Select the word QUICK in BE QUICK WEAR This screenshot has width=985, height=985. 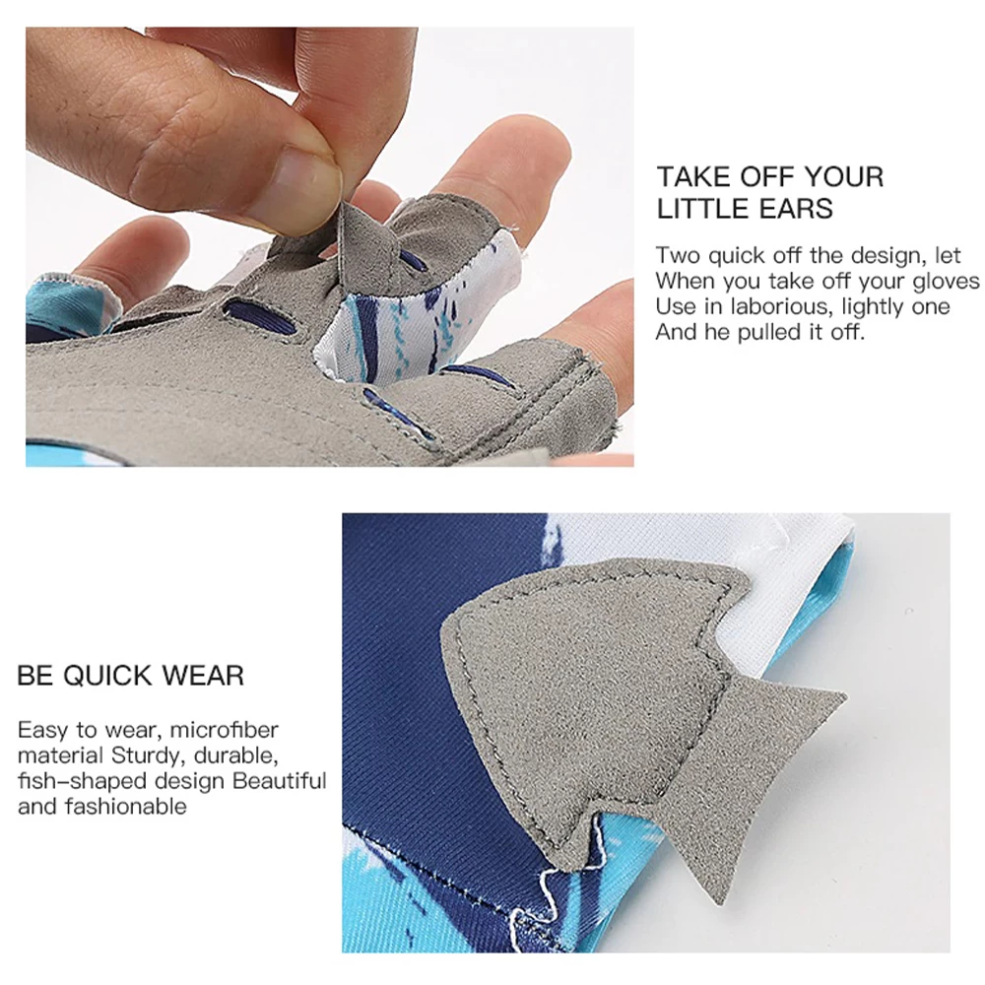click(107, 676)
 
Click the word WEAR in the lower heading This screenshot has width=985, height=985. click(203, 676)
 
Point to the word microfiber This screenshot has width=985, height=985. click(225, 730)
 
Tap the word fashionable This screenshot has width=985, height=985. click(126, 806)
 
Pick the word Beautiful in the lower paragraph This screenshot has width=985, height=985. click(280, 781)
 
